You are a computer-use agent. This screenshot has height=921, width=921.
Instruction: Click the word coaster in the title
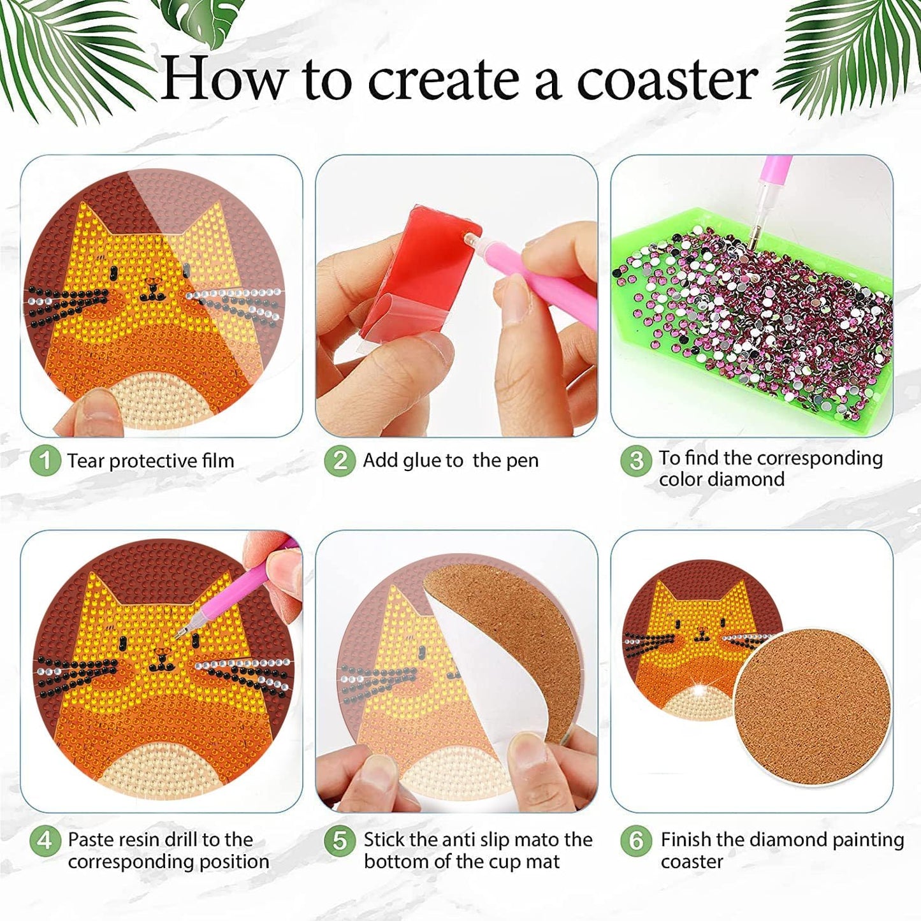[667, 80]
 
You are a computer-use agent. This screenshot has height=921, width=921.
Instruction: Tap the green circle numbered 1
[45, 460]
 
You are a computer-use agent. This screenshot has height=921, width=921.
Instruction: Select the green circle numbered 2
[340, 460]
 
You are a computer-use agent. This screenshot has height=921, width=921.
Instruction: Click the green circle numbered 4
[45, 841]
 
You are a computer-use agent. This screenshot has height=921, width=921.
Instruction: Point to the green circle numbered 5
[340, 841]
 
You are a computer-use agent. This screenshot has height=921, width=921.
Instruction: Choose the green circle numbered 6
[635, 841]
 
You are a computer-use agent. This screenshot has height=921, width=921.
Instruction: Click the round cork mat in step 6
[813, 707]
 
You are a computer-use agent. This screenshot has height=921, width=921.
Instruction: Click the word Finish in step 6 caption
[685, 839]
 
